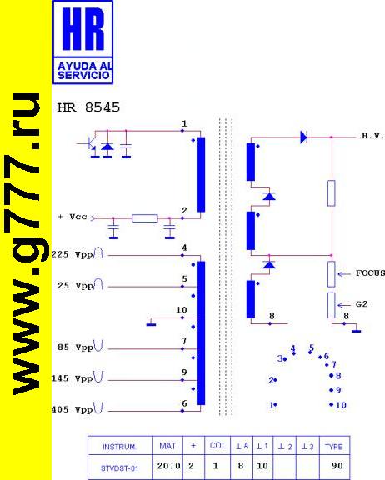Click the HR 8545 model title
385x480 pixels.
point(88,107)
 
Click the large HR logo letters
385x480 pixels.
point(83,29)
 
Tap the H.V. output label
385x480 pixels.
point(373,136)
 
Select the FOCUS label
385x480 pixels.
point(370,272)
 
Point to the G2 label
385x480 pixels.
point(362,304)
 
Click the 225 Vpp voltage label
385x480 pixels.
point(72,255)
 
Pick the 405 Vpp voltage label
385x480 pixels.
point(72,409)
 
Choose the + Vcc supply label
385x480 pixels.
point(72,217)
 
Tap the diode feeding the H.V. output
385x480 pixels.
point(303,137)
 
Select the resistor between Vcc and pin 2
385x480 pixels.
point(145,218)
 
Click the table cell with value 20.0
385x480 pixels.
point(168,466)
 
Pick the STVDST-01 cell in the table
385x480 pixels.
point(119,468)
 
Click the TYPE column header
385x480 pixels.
point(334,447)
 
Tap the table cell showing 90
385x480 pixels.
point(337,466)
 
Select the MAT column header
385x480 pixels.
point(167,446)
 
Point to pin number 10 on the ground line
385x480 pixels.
point(182,310)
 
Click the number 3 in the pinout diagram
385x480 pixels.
point(280,358)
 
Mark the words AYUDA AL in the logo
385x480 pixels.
point(85,66)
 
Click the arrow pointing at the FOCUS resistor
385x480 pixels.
point(344,274)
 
